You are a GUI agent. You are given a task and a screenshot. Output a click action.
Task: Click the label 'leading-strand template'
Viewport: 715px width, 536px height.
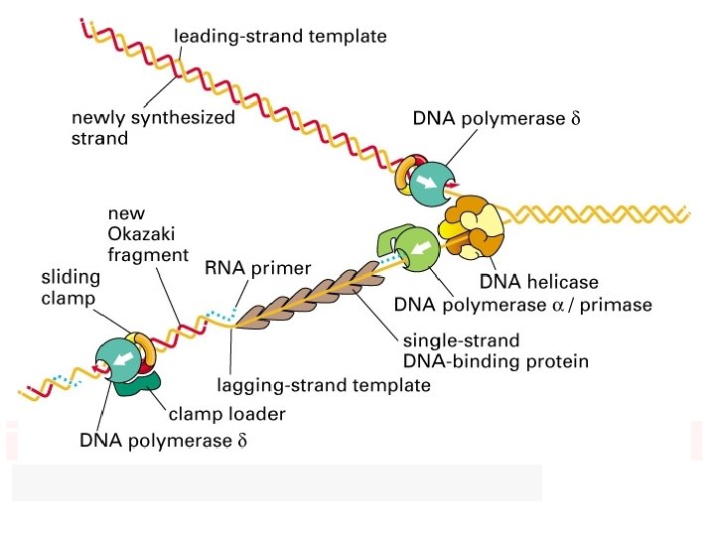click(280, 36)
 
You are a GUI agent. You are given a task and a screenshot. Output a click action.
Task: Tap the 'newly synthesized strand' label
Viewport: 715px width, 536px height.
click(153, 128)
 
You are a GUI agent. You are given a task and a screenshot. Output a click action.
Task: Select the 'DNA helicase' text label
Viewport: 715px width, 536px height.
click(539, 282)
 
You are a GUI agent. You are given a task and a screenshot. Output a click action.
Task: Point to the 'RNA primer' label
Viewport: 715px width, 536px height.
click(257, 268)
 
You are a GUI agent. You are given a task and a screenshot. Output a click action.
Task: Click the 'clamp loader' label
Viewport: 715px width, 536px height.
click(227, 414)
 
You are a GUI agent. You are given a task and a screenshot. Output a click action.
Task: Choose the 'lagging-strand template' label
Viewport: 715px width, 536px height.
click(324, 385)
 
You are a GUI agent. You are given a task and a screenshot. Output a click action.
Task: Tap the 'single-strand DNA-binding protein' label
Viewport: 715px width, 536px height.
click(496, 351)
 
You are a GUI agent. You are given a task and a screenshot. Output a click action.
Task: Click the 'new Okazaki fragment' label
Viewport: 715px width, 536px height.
click(148, 234)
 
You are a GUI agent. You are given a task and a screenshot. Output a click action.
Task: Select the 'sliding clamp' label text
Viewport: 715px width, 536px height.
click(71, 288)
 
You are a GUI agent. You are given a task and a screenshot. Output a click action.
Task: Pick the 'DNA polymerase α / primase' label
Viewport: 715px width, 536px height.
click(523, 305)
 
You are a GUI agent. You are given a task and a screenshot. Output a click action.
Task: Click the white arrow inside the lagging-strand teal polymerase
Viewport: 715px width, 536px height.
click(123, 359)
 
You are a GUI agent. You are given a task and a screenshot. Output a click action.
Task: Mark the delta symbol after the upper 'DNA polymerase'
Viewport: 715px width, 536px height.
click(575, 118)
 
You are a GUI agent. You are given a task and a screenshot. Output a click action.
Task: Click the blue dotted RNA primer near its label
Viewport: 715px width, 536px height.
click(221, 314)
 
